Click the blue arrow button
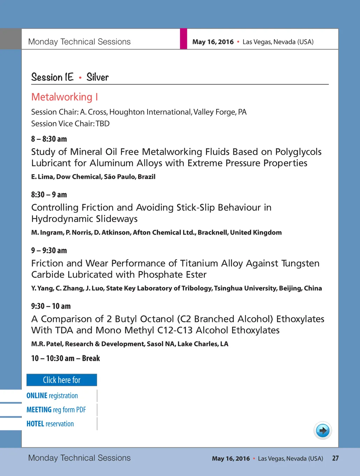322,430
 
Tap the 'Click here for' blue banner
62,380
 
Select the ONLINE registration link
52,396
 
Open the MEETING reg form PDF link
56,410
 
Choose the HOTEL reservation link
50,424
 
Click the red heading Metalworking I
65,97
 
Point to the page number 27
335,458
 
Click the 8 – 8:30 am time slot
49,139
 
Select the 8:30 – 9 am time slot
49,195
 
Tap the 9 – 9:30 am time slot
49,250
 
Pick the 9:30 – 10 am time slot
51,306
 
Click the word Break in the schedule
91,358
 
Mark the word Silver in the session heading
97,77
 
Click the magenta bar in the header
184,39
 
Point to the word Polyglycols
298,152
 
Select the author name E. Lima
42,177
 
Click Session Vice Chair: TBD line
70,124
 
